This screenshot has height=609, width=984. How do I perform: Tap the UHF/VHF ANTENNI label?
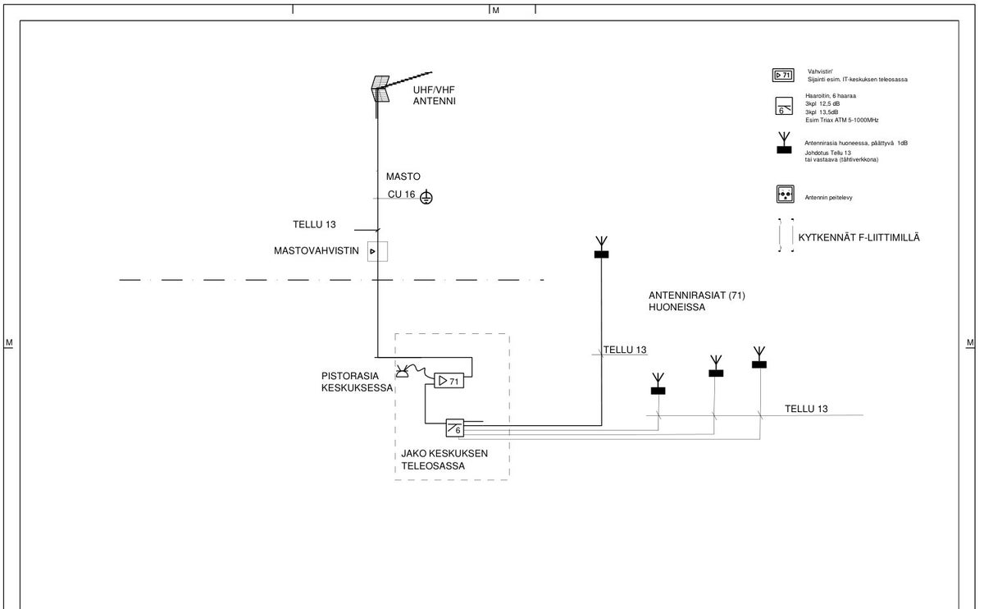(434, 95)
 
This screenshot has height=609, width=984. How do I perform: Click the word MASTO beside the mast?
(403, 176)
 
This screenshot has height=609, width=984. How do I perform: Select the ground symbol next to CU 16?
(426, 197)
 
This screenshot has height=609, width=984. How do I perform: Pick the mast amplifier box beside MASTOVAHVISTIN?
(377, 251)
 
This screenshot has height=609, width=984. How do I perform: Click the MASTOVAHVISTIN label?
(317, 250)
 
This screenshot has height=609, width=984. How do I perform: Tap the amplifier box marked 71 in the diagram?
(449, 381)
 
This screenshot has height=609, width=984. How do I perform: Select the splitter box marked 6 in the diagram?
(454, 428)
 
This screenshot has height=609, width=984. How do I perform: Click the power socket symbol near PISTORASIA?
(402, 372)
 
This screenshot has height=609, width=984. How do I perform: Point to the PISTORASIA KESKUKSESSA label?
(357, 382)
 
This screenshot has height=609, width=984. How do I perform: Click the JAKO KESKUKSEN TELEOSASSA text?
(444, 460)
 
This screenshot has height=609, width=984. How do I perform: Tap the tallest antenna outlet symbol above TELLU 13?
(601, 247)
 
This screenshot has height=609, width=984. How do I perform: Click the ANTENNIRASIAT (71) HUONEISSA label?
(697, 301)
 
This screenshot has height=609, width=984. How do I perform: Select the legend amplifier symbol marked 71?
(783, 76)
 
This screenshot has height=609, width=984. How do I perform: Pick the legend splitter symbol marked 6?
(784, 106)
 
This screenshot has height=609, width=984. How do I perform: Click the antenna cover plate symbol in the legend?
(785, 194)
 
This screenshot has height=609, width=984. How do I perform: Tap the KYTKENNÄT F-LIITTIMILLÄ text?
(859, 237)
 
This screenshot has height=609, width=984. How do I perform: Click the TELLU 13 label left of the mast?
(314, 224)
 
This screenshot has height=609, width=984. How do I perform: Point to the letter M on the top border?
(495, 10)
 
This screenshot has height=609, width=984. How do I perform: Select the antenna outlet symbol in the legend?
(784, 143)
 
